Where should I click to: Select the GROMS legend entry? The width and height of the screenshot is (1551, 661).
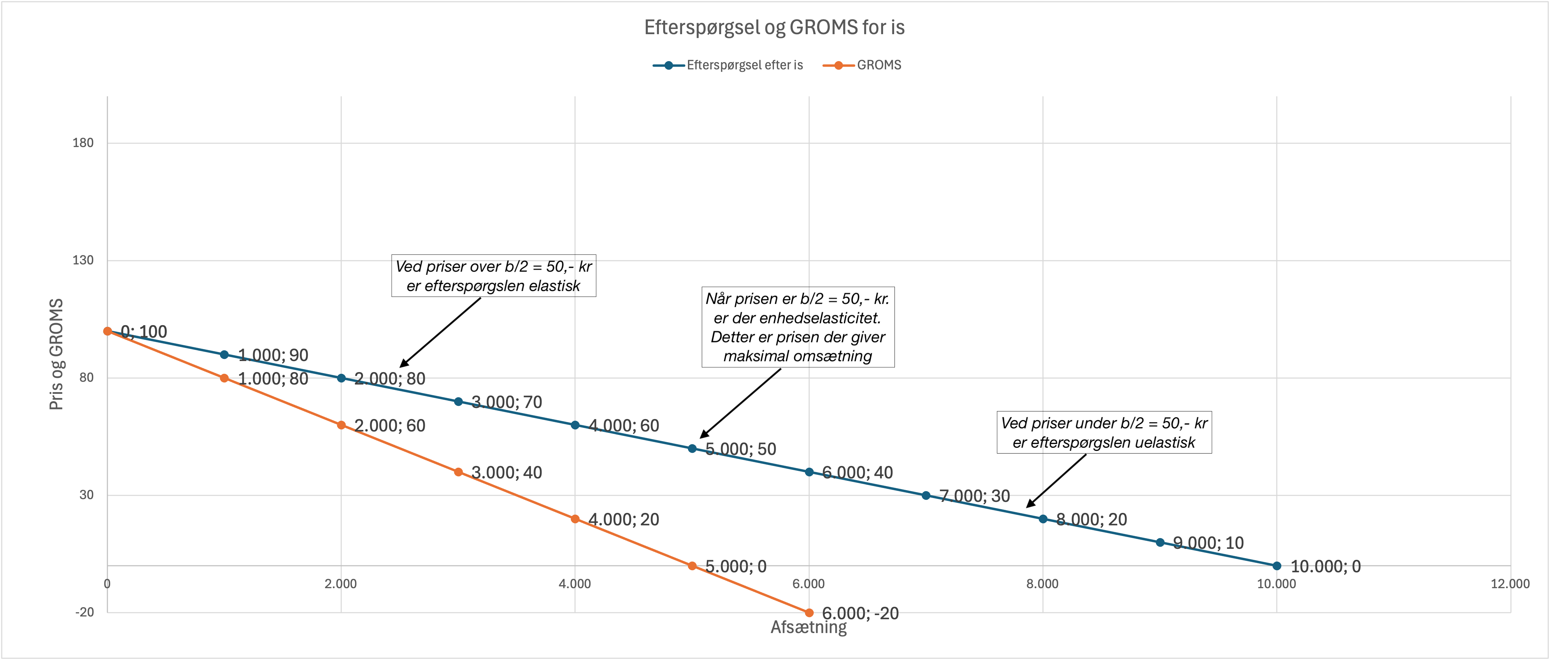pyautogui.click(x=879, y=65)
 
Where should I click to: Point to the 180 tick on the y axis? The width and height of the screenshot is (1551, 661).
pyautogui.click(x=83, y=143)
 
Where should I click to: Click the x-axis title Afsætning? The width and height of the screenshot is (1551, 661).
pyautogui.click(x=808, y=627)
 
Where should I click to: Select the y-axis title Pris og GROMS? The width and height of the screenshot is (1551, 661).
pyautogui.click(x=56, y=354)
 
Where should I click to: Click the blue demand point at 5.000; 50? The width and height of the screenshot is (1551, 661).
pyautogui.click(x=692, y=448)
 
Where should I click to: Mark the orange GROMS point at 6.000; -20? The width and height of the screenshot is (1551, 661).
pyautogui.click(x=808, y=613)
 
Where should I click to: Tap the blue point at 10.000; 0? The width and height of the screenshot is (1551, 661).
pyautogui.click(x=1276, y=566)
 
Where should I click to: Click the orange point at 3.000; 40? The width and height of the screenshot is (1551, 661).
pyautogui.click(x=458, y=472)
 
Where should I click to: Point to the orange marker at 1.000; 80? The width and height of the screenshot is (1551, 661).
pyautogui.click(x=224, y=378)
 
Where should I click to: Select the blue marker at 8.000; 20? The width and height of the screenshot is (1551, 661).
pyautogui.click(x=1043, y=519)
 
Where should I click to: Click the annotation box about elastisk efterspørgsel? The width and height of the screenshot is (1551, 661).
pyautogui.click(x=493, y=276)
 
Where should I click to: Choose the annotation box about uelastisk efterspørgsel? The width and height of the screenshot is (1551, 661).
pyautogui.click(x=1104, y=432)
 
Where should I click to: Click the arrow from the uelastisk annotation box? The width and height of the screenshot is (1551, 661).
pyautogui.click(x=1057, y=480)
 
